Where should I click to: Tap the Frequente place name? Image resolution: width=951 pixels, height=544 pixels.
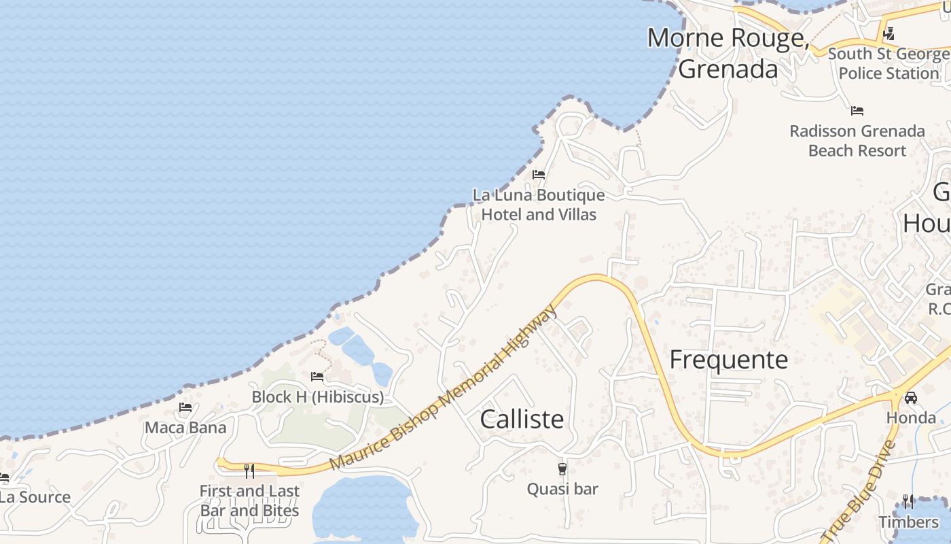(x=728, y=360)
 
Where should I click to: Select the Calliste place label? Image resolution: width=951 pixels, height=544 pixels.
(x=522, y=419)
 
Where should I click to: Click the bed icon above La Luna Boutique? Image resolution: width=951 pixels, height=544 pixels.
(x=539, y=175)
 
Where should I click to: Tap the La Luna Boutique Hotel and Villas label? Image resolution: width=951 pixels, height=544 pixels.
(x=539, y=205)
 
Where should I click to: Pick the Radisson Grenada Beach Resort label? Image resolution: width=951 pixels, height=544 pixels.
(x=857, y=141)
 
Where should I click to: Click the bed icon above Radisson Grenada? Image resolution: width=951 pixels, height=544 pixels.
(x=857, y=110)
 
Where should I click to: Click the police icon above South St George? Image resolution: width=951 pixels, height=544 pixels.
(x=889, y=33)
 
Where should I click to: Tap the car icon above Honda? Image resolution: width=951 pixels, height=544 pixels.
(x=911, y=397)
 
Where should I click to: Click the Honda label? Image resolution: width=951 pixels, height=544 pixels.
(x=911, y=418)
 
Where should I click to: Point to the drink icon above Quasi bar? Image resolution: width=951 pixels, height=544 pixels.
(x=562, y=469)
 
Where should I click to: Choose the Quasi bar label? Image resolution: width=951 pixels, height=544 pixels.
(x=562, y=489)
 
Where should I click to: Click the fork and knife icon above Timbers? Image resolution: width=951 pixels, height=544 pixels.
(x=908, y=502)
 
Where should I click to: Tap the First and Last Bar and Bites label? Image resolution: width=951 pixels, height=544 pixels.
(x=249, y=500)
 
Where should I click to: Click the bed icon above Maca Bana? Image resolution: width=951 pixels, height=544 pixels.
(x=185, y=408)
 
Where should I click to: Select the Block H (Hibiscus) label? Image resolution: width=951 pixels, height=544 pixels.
(x=317, y=397)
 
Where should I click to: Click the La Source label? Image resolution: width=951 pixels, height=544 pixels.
(x=35, y=497)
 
